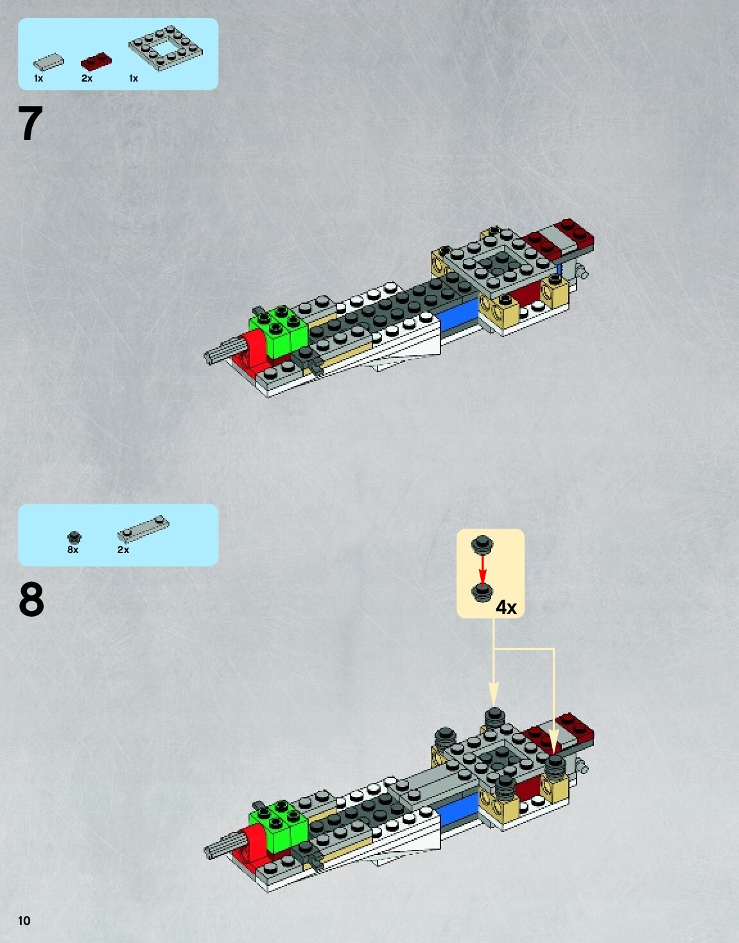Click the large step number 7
coord(31,124)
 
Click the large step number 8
coord(31,600)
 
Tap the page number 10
coord(24,921)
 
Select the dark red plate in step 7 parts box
coord(96,62)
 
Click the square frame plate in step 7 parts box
coord(166,48)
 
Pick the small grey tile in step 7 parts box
coord(49,62)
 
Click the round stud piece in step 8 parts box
coord(74,537)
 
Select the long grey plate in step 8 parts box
coord(143,529)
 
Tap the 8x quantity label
coord(73,550)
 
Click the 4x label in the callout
coord(506,608)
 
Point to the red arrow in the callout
coord(483,568)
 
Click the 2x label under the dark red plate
coord(87,78)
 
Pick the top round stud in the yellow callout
coord(482,545)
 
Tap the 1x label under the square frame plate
coord(134,78)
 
